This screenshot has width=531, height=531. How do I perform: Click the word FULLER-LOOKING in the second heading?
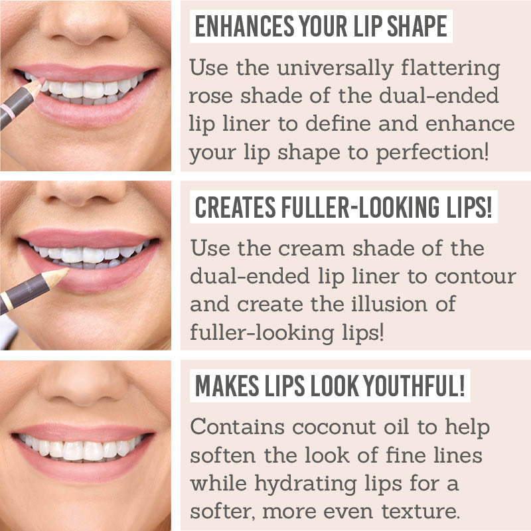coord(357,208)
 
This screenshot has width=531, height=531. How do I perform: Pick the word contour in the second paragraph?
coord(477,276)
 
